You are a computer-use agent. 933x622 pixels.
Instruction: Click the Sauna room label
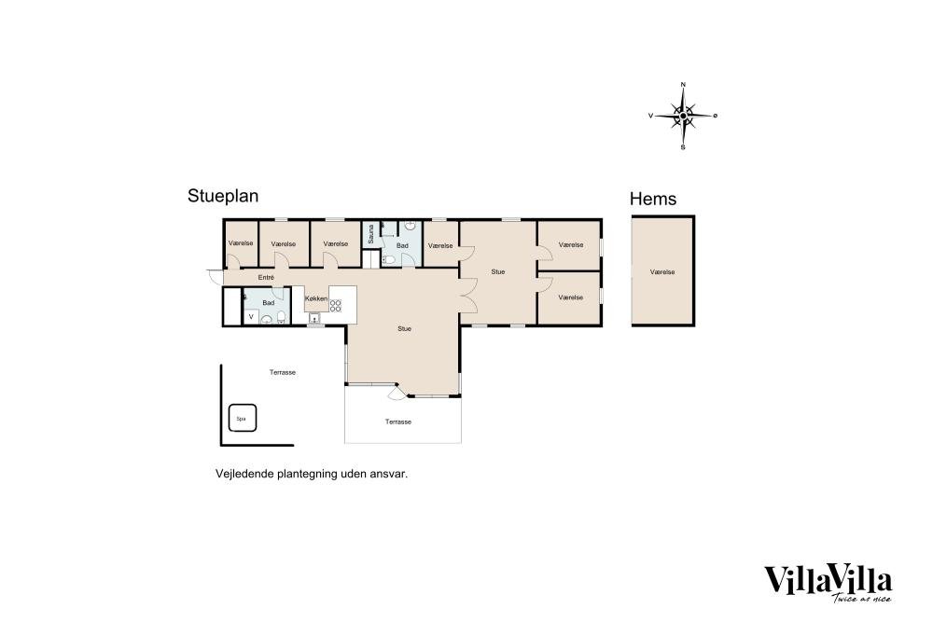click(x=370, y=234)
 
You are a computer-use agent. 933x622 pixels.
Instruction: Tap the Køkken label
click(x=316, y=298)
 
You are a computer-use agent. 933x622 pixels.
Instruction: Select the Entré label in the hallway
click(x=266, y=278)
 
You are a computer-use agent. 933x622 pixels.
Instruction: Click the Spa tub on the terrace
click(x=243, y=418)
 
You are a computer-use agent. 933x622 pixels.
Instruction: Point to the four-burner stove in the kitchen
click(x=336, y=306)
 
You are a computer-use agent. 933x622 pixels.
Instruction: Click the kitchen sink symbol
click(x=313, y=318)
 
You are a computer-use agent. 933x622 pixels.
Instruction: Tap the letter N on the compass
click(x=683, y=85)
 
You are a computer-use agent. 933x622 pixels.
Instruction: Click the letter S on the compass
click(x=683, y=147)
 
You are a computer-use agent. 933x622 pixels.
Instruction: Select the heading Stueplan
click(x=223, y=196)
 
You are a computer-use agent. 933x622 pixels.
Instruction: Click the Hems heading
click(x=653, y=199)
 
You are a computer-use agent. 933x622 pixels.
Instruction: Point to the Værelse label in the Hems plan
click(x=662, y=271)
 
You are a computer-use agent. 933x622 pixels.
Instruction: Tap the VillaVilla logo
click(x=829, y=583)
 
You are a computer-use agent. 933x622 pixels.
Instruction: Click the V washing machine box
click(x=251, y=317)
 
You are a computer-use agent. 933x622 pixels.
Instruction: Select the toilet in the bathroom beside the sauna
click(x=387, y=259)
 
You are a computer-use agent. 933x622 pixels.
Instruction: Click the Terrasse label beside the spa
click(x=283, y=373)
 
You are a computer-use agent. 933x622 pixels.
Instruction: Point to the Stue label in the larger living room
click(x=405, y=329)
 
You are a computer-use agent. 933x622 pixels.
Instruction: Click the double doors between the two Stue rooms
click(x=468, y=295)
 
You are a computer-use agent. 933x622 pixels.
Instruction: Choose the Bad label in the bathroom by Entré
click(x=269, y=303)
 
